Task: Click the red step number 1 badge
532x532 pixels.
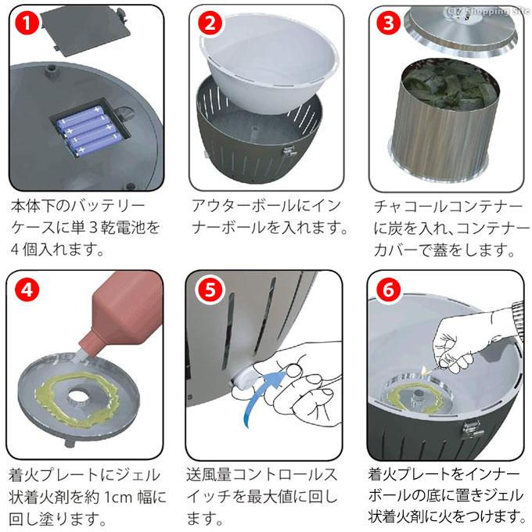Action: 27,23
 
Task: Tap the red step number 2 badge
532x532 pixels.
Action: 210,23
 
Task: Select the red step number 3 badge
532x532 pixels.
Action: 389,23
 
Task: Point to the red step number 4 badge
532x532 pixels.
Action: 27,289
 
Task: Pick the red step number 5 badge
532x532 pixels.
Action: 210,289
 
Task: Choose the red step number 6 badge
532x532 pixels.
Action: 389,289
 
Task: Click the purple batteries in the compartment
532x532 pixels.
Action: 89,130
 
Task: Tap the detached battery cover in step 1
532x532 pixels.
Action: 85,30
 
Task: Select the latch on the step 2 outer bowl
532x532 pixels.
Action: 289,150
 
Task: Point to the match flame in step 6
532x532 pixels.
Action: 422,369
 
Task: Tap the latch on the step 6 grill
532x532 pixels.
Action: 473,430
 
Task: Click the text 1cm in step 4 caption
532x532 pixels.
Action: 119,497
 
